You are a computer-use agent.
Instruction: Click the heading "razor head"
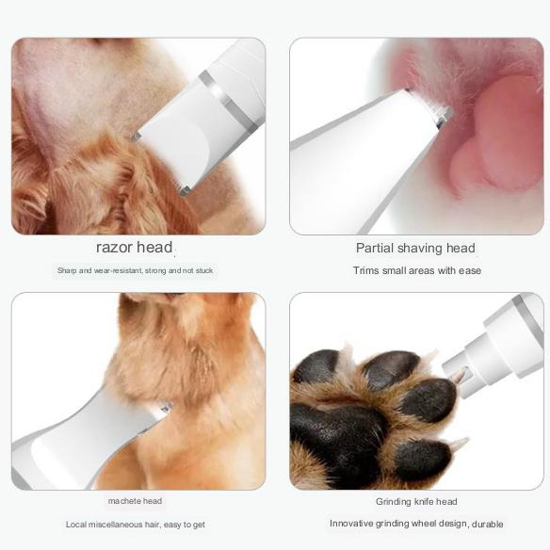coord(135,248)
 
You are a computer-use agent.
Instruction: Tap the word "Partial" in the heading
coord(375,248)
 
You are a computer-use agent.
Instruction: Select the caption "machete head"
coord(135,501)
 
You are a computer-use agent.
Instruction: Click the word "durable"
coord(487,524)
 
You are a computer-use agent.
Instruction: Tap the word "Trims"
coord(365,270)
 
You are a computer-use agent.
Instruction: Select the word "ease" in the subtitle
coord(470,270)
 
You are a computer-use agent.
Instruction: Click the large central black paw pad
coord(338,439)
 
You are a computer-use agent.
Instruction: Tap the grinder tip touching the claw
coord(457,377)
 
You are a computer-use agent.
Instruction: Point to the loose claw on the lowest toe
coord(460,444)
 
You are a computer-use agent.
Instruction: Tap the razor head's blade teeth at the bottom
coord(185,190)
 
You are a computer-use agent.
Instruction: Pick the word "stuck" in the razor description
coord(204,271)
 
